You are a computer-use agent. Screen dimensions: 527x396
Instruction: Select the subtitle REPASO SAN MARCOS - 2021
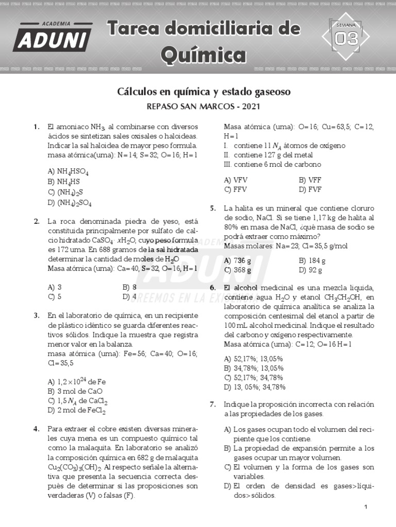204,107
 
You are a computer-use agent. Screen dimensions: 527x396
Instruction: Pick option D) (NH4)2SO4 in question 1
70,203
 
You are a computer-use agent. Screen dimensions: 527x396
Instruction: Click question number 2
37,222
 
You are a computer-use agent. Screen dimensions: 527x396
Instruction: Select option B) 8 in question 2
130,287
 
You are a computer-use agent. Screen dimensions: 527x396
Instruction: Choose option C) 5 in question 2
55,296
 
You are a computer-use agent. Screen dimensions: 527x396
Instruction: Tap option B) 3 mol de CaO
75,391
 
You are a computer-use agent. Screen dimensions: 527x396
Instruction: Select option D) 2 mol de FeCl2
76,410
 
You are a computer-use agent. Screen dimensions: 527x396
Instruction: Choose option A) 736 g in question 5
238,260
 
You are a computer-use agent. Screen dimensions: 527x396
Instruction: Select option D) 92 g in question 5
310,270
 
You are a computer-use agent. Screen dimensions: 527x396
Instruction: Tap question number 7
212,404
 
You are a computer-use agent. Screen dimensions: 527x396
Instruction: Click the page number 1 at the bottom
365,507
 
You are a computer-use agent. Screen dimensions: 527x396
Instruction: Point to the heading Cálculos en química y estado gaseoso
204,92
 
